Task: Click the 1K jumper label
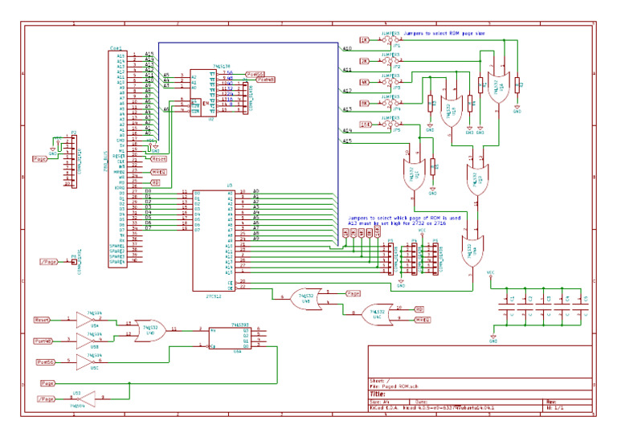click(364, 39)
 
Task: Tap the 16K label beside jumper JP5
click(365, 125)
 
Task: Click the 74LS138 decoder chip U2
click(211, 93)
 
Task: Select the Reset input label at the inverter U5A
click(43, 320)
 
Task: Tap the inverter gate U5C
click(88, 362)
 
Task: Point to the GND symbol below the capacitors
click(493, 340)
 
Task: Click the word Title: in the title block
click(378, 394)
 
